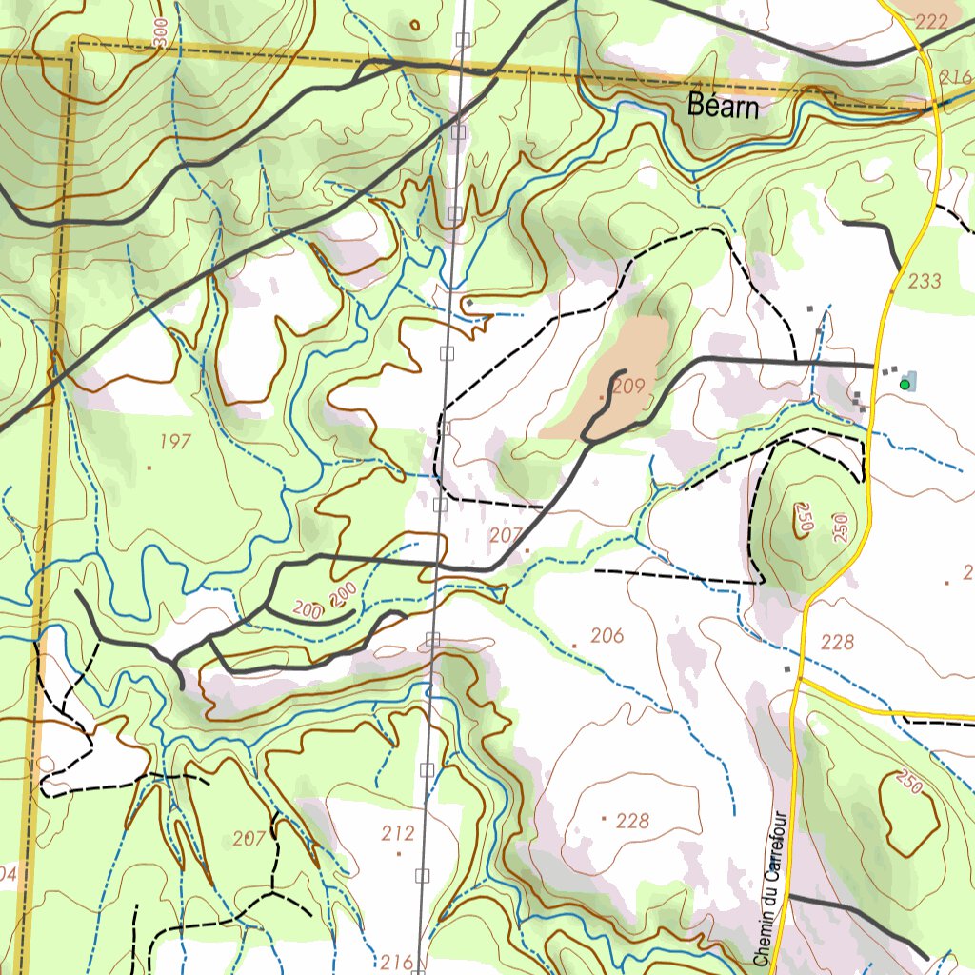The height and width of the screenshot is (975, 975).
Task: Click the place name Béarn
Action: pos(724,107)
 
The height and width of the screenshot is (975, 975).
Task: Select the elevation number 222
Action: pos(933,21)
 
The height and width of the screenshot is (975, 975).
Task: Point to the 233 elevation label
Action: pos(925,280)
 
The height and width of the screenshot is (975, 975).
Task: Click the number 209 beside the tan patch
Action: pos(629,386)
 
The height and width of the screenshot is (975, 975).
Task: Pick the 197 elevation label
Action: pos(175,441)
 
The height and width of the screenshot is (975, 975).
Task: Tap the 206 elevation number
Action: pos(607,635)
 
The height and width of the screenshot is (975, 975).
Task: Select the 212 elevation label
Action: pos(398,834)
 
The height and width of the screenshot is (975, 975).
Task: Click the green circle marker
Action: pos(905,385)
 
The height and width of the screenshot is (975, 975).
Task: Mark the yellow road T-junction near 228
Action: pos(800,680)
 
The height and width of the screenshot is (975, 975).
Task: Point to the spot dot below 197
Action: pos(149,468)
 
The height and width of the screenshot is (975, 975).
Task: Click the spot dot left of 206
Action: pos(575,646)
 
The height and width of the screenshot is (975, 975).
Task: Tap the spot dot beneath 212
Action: pos(398,854)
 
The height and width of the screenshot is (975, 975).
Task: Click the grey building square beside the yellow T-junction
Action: pos(787,669)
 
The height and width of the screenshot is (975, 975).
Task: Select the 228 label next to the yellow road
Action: pos(837,642)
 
